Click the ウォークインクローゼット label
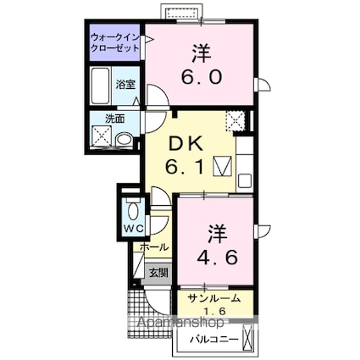point(116,42)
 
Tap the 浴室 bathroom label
point(125,85)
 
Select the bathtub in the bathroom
point(101,86)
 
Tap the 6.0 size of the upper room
point(202,76)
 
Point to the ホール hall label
point(154,248)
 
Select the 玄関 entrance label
point(158,273)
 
